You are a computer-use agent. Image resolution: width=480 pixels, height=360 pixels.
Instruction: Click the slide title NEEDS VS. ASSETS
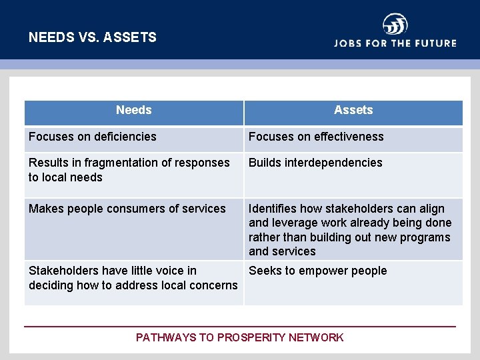[x=93, y=37]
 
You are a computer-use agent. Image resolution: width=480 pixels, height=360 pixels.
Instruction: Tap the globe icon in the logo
[x=395, y=25]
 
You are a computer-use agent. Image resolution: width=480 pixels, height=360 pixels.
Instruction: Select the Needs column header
[x=133, y=111]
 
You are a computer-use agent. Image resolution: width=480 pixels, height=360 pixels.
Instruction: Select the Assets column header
[x=353, y=111]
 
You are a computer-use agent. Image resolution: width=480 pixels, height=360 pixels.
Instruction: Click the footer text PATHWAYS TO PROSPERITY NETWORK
[x=240, y=337]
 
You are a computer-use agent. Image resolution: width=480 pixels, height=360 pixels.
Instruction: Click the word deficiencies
[x=125, y=137]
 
